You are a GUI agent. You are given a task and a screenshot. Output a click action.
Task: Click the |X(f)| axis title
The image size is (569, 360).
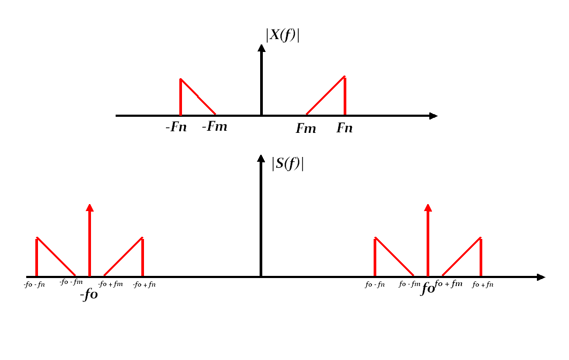[282, 35]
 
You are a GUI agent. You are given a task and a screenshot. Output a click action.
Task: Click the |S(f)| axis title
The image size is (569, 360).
[287, 163]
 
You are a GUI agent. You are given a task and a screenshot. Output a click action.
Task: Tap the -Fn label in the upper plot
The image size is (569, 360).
[176, 128]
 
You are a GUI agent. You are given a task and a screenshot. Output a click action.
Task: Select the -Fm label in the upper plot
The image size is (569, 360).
[214, 127]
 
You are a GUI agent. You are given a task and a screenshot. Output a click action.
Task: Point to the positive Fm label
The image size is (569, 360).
[306, 129]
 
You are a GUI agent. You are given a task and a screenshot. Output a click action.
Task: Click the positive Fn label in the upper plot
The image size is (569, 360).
[345, 129]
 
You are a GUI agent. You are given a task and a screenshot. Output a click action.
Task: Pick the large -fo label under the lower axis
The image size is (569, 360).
[89, 295]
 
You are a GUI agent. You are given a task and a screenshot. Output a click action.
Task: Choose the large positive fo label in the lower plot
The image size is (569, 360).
[427, 288]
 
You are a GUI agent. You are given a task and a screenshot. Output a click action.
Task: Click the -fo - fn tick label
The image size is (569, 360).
[35, 284]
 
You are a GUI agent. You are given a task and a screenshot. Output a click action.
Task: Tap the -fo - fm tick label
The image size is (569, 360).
[71, 282]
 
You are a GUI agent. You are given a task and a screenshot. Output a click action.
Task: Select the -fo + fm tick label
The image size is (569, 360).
[111, 283]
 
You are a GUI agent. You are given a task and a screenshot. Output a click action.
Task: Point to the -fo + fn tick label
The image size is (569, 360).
[145, 284]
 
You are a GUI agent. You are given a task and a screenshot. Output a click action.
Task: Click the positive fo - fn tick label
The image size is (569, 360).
[375, 284]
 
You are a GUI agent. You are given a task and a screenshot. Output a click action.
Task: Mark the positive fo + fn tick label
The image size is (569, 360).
[482, 285]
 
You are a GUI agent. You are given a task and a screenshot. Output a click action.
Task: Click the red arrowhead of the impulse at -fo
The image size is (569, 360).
[89, 208]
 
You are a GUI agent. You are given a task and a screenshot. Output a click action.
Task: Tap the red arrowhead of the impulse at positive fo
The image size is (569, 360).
[428, 208]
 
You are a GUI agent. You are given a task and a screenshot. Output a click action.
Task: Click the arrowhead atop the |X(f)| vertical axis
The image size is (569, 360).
[261, 48]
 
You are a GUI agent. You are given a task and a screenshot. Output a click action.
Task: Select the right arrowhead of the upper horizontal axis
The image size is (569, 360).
[433, 116]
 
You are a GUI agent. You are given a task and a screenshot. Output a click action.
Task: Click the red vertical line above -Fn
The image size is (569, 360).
[181, 97]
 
